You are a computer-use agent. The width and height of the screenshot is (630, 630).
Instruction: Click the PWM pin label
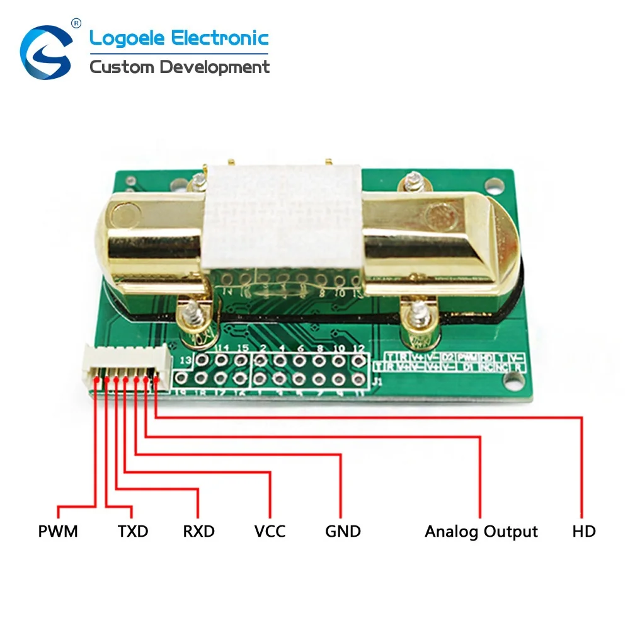point(58,531)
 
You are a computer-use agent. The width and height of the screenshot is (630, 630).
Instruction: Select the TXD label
point(133,531)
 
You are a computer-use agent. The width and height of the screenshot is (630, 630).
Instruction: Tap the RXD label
point(199,531)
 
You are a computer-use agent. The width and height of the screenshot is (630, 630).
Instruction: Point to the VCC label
point(270,531)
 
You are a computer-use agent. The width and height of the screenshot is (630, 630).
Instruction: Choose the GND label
point(343,531)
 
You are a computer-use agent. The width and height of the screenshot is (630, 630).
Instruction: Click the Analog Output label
point(481,531)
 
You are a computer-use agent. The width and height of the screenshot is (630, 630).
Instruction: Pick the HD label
point(583,531)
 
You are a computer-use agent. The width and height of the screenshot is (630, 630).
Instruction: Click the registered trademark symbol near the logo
point(77,23)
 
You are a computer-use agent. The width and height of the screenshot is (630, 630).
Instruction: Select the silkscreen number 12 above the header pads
point(360,348)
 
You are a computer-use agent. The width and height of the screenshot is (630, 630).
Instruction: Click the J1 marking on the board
point(377,382)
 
